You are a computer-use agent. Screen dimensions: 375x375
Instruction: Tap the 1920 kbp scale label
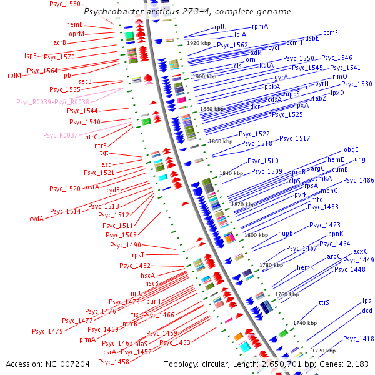coord(199,43)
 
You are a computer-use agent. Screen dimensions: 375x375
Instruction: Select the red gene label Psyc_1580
coord(65,4)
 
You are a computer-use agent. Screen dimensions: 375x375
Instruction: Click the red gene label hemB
coord(75,24)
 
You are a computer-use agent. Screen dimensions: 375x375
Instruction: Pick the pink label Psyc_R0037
coord(61,135)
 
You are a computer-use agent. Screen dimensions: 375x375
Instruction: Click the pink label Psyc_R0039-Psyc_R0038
coord(52,101)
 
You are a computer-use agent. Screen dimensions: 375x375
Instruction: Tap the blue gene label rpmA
coord(259,27)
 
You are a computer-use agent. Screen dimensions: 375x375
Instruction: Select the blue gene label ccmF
coord(331,32)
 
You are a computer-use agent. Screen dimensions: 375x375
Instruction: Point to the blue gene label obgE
coord(351,150)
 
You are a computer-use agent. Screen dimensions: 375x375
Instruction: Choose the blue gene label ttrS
coord(324,302)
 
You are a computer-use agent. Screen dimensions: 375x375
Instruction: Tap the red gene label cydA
coord(37,219)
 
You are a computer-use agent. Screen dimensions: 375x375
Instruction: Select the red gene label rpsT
coord(138,255)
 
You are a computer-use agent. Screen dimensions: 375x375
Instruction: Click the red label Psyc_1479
coord(47,331)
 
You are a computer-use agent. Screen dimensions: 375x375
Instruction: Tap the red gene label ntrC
coord(91,137)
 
